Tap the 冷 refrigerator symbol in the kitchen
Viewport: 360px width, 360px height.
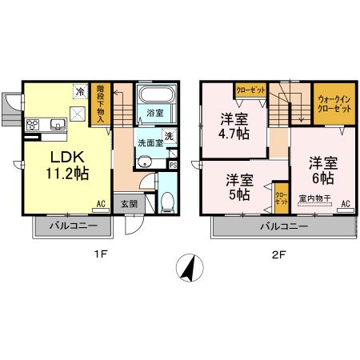coord(80,92)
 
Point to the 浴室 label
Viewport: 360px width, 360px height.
coord(155,114)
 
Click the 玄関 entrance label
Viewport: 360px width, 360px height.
coord(129,204)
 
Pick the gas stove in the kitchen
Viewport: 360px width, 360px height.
coord(34,124)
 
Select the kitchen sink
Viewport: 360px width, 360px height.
coord(58,123)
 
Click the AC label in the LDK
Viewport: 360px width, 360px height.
coord(102,205)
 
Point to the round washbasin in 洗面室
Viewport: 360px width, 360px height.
coord(145,163)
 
